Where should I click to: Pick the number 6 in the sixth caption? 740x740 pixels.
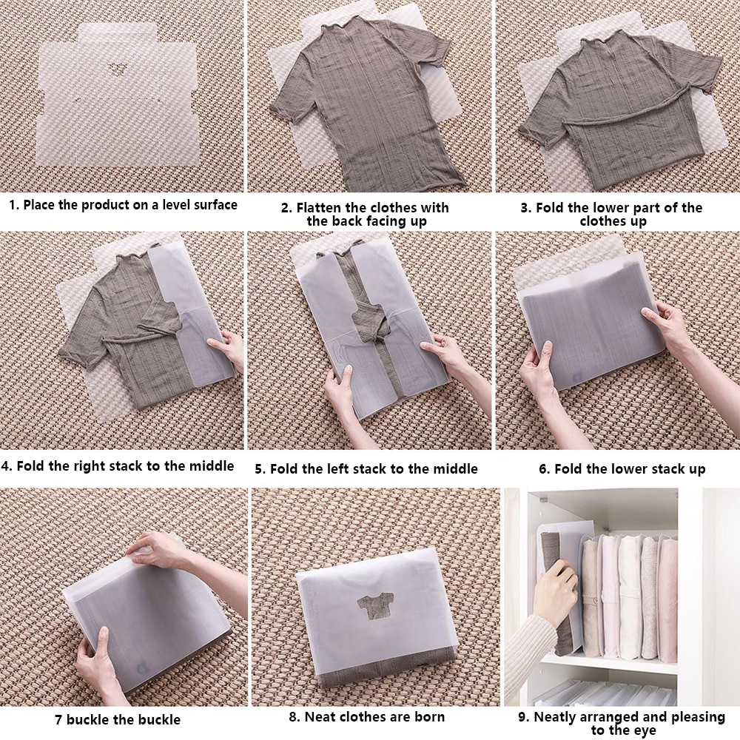[x=543, y=469]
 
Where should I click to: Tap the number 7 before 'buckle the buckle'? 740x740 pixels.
[x=58, y=720]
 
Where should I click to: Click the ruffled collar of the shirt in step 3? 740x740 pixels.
[x=602, y=37]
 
